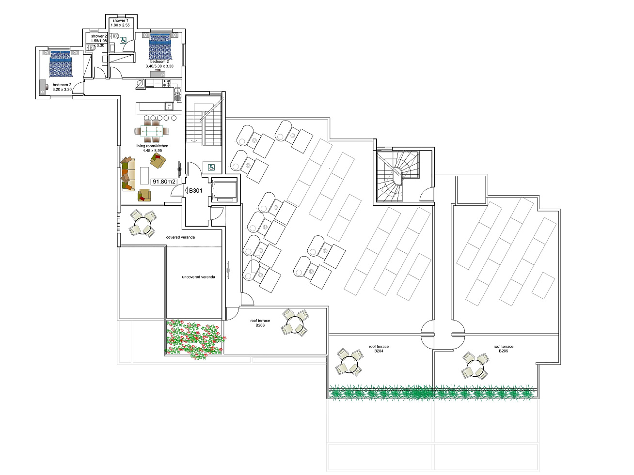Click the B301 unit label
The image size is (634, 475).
[x=195, y=191]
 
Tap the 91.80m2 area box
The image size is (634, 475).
[x=164, y=182]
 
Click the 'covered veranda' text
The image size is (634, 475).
[x=180, y=237]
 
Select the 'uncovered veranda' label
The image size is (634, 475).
[x=198, y=277]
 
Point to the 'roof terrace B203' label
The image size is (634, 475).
[x=260, y=323]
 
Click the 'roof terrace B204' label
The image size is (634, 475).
[x=379, y=349]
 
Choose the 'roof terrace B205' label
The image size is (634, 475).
[x=504, y=349]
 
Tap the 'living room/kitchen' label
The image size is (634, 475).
[x=152, y=146]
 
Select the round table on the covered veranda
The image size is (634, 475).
[x=143, y=225]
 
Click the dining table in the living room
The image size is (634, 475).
[x=152, y=132]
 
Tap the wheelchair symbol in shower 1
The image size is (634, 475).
[x=123, y=40]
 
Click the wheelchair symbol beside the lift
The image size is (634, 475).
[x=211, y=167]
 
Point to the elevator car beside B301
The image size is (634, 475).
[x=224, y=191]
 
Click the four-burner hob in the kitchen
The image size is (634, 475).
[x=167, y=83]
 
